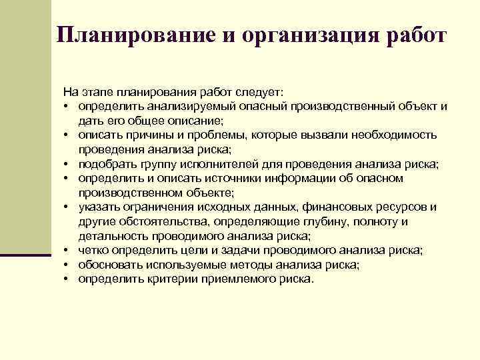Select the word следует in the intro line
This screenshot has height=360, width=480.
pos(257,92)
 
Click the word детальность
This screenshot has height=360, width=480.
pos(110,236)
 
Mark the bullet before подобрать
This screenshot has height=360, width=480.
pos(68,164)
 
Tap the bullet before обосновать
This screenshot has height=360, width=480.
pos(68,265)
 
